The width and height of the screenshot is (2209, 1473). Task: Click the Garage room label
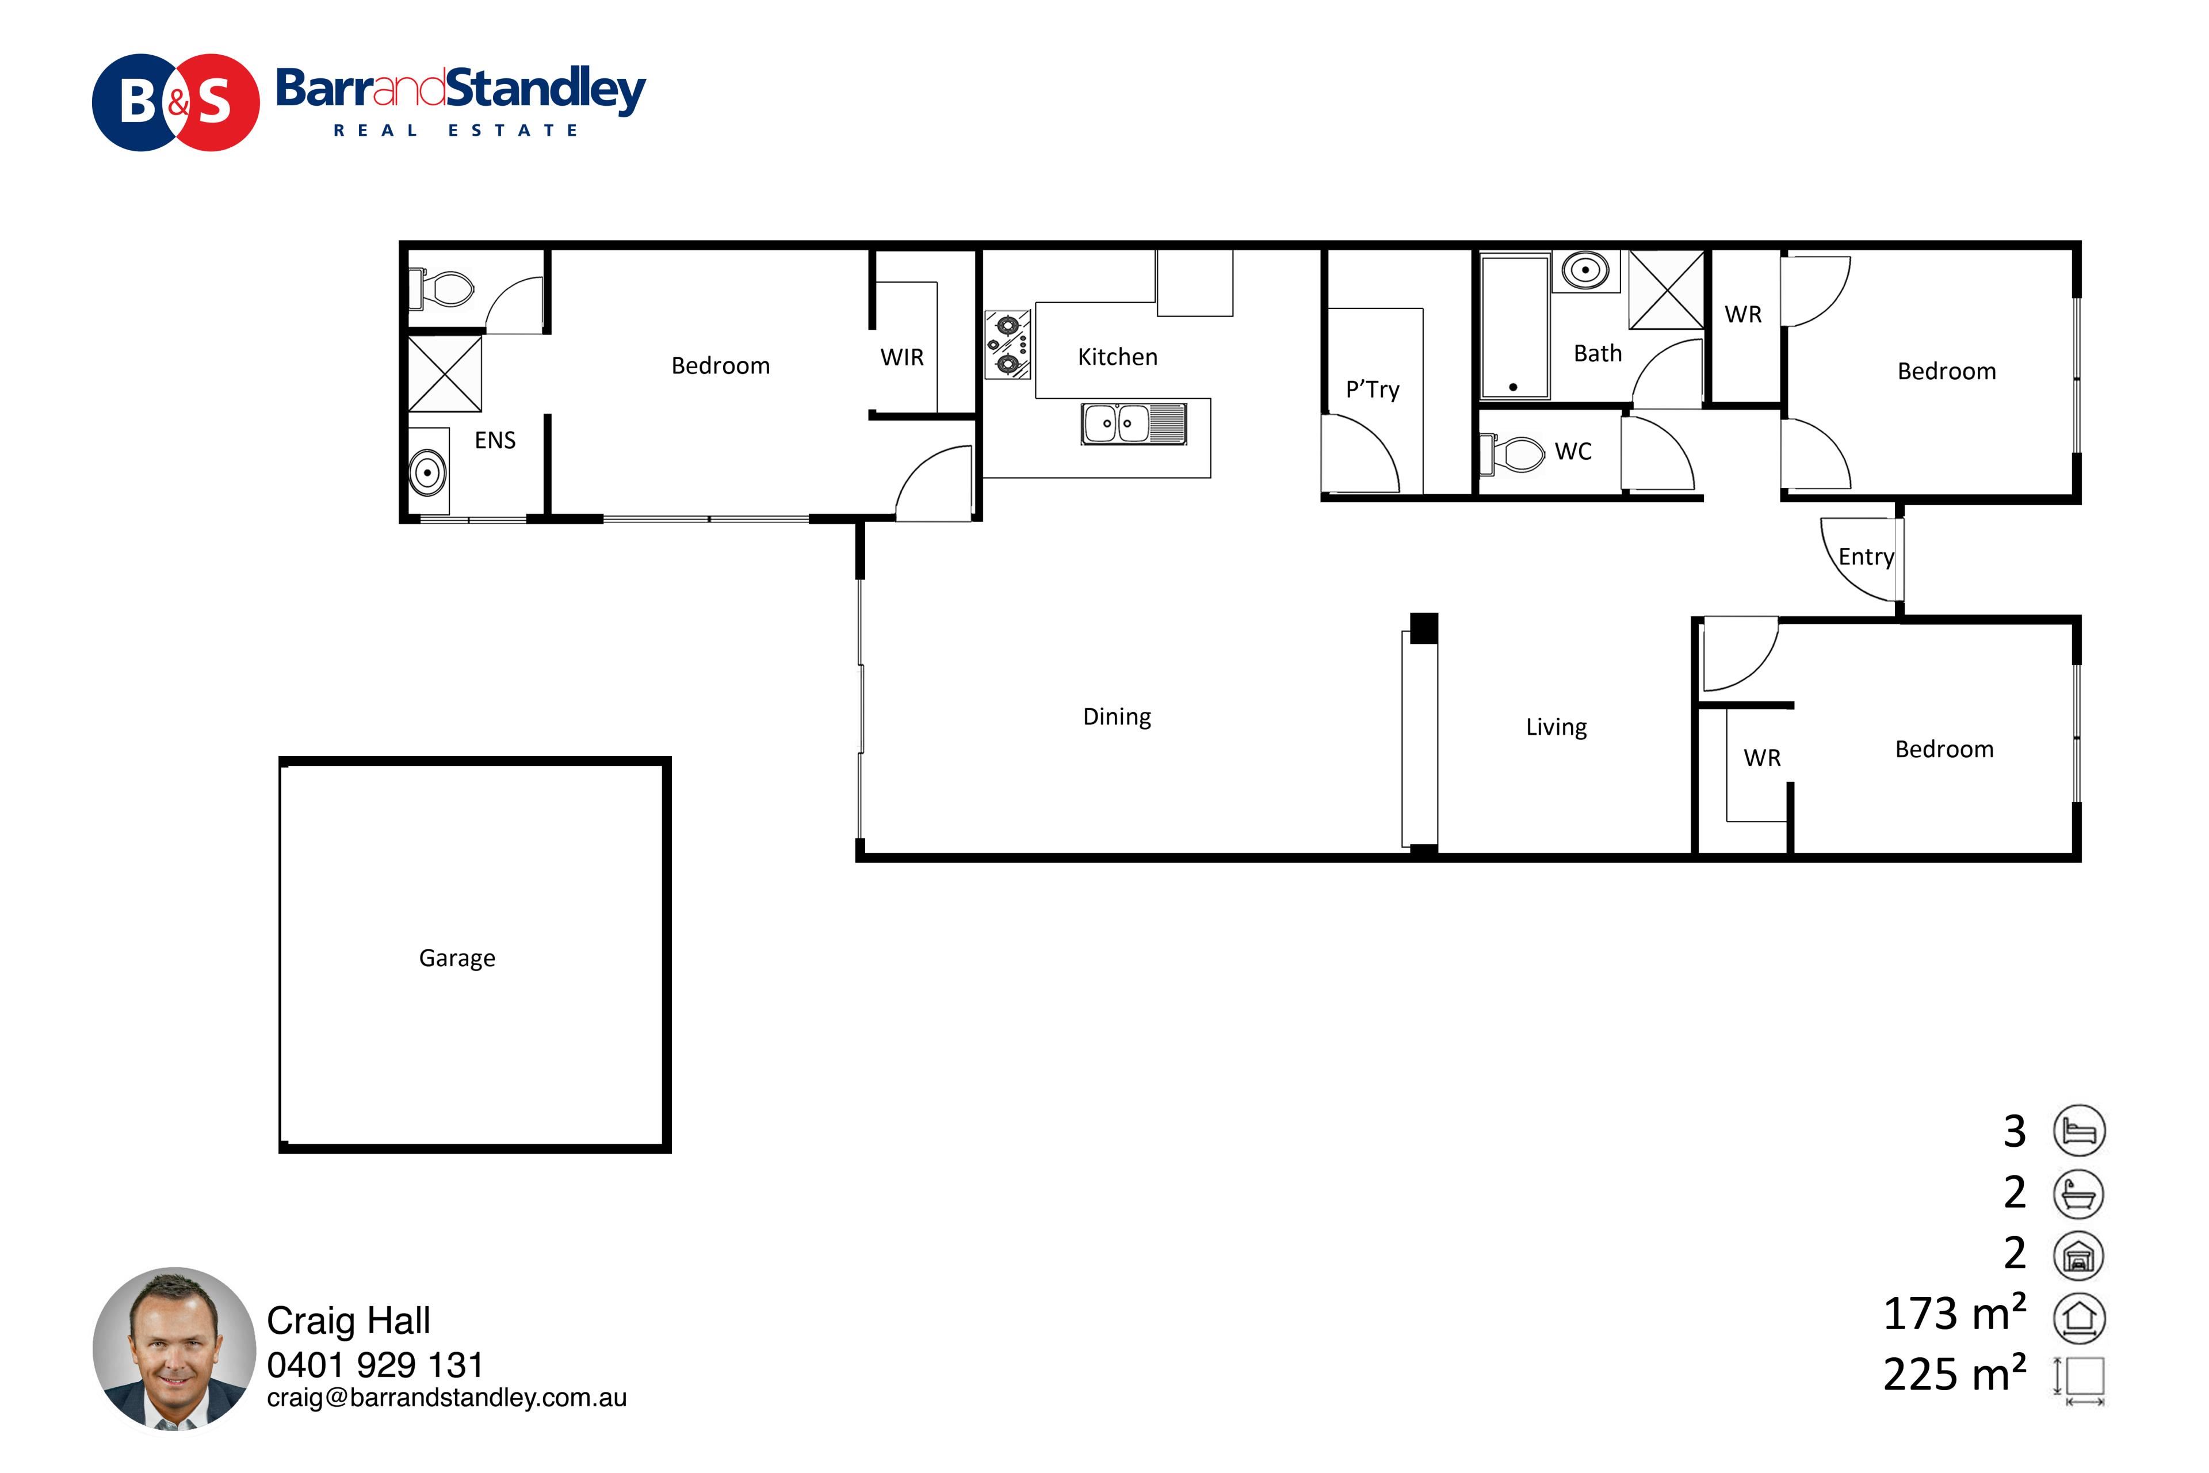click(x=457, y=958)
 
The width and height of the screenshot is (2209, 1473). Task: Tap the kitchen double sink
click(x=1134, y=423)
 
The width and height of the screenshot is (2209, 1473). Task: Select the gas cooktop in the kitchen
click(x=1008, y=345)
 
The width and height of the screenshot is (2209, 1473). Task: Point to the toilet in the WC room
click(x=1512, y=454)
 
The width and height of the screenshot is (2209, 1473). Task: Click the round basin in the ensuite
click(x=427, y=472)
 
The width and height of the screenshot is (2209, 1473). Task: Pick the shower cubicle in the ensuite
click(x=445, y=374)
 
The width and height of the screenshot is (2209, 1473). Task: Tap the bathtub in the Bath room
click(x=1515, y=328)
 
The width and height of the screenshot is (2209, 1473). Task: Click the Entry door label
click(x=1866, y=557)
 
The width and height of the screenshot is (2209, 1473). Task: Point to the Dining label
click(x=1117, y=717)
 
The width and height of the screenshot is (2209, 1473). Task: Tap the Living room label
click(x=1556, y=727)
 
